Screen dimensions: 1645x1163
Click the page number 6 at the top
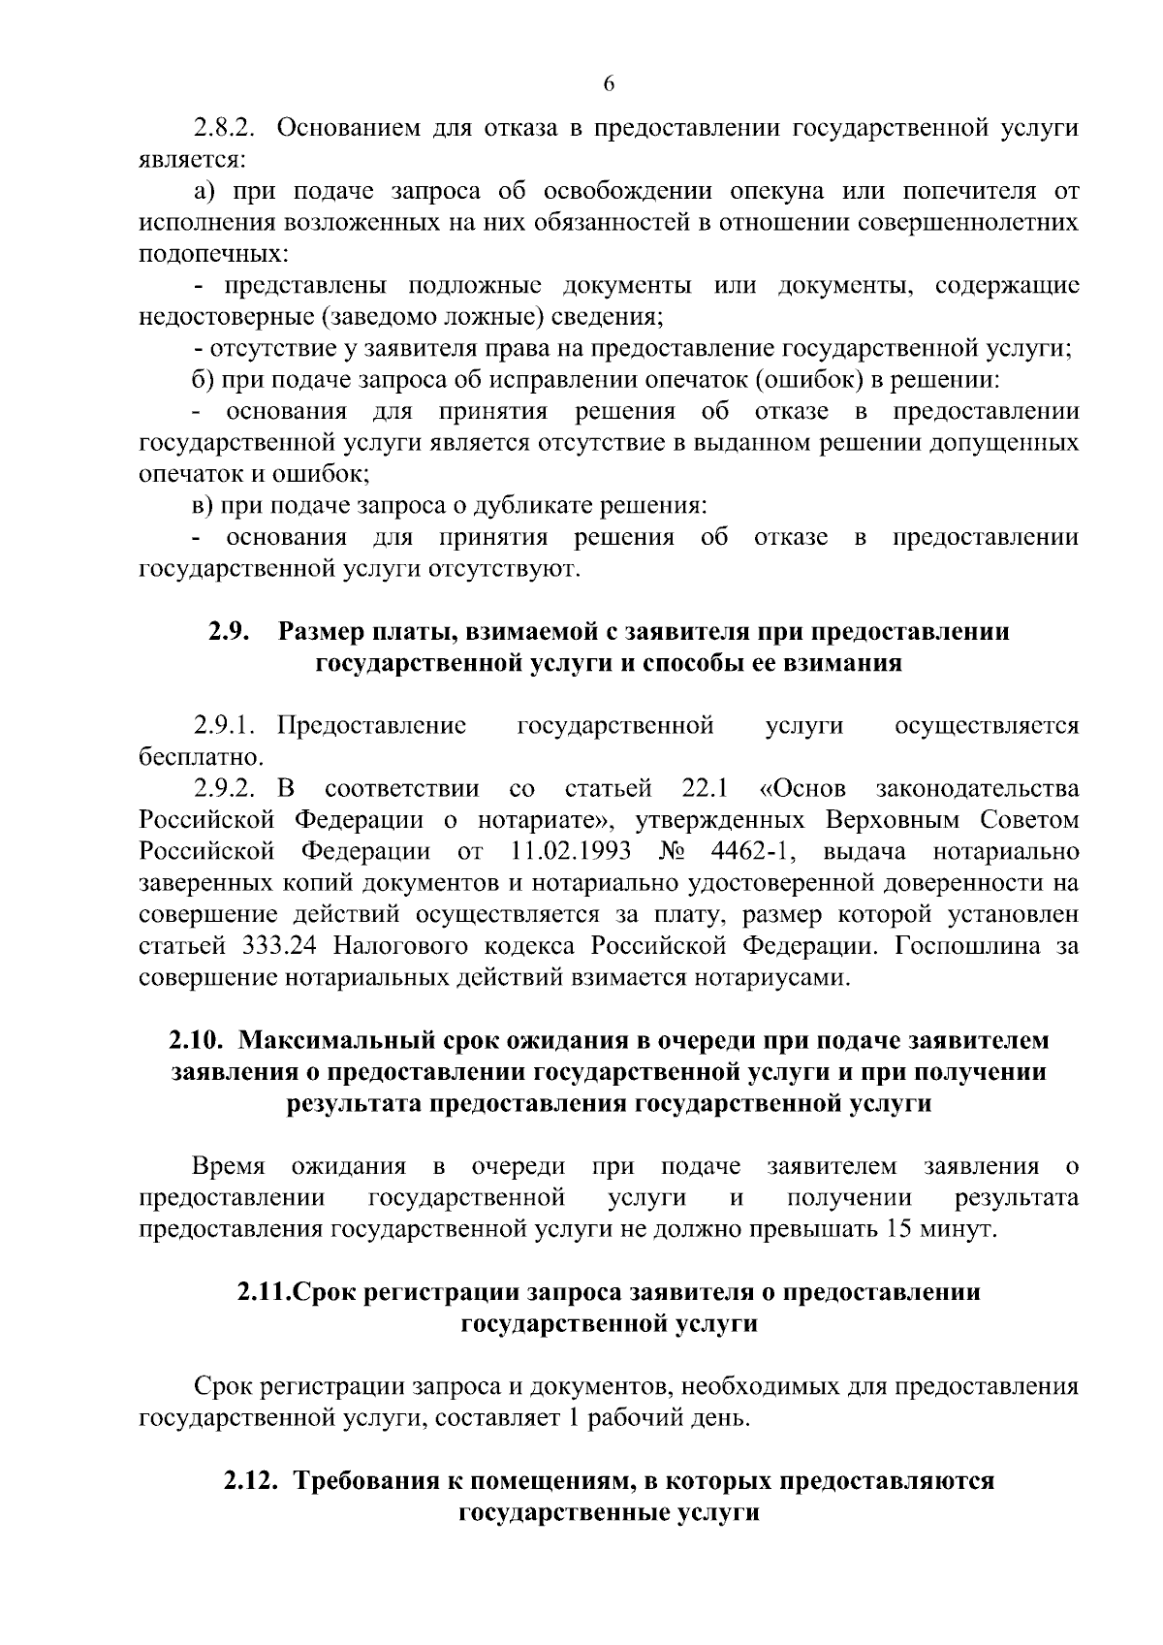click(x=609, y=84)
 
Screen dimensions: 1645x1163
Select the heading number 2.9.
click(x=230, y=632)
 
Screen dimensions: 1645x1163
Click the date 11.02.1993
click(x=569, y=851)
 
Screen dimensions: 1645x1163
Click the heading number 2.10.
click(x=197, y=1040)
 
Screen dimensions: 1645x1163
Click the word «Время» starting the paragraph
click(x=230, y=1166)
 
